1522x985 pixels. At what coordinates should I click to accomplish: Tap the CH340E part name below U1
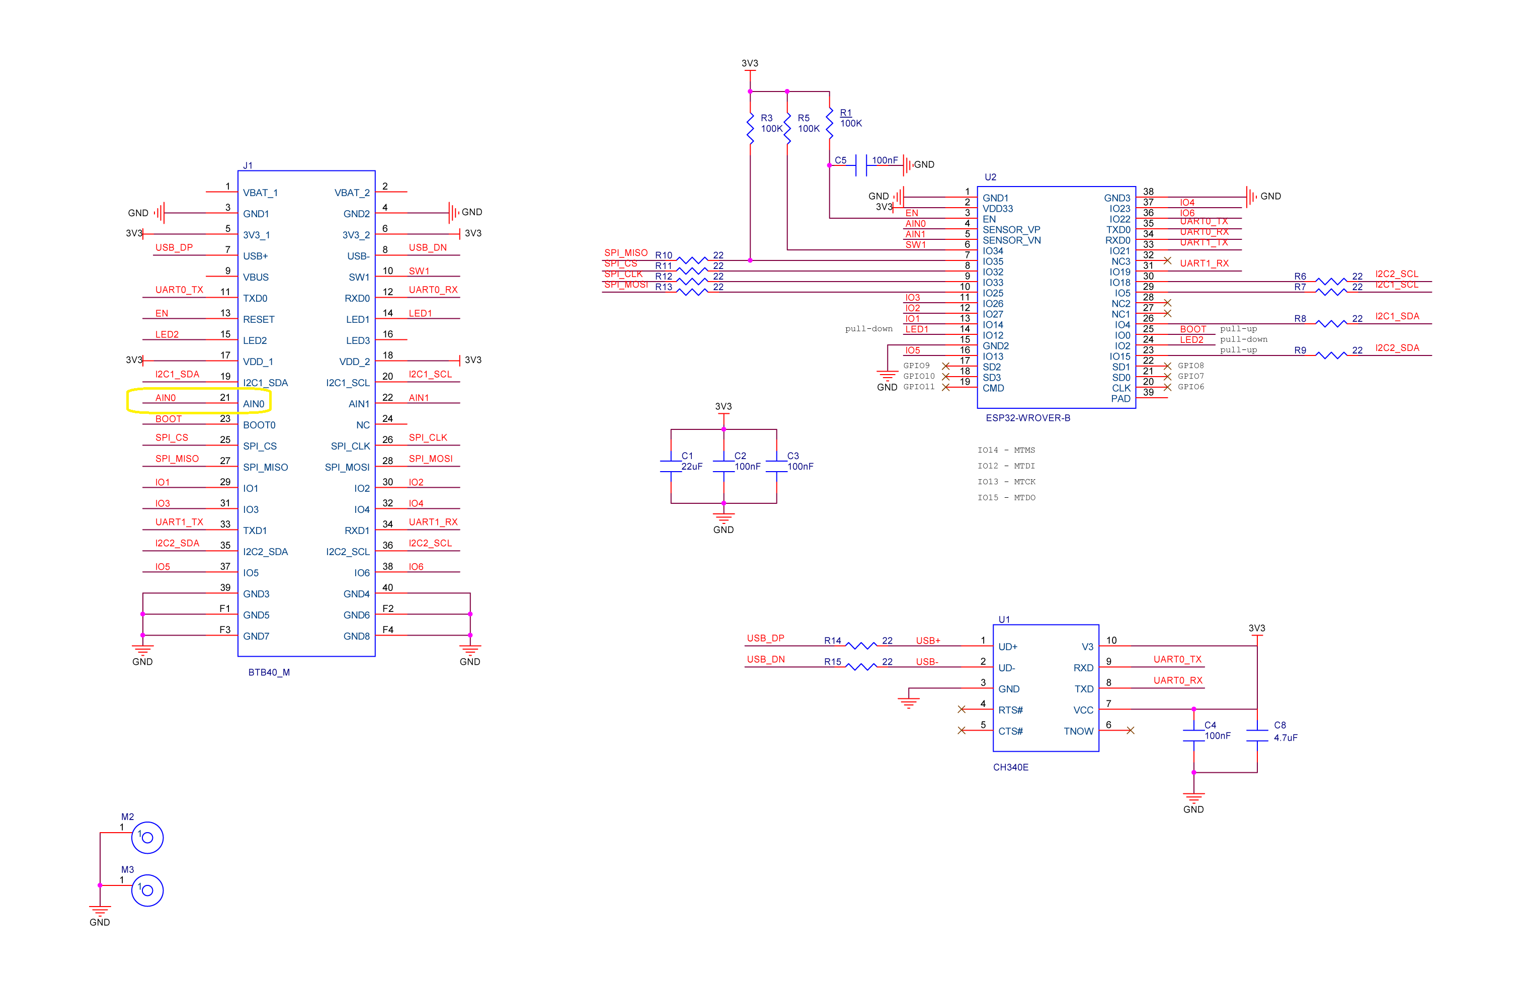[x=1010, y=767]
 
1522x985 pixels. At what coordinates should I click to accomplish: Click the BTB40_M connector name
[x=269, y=672]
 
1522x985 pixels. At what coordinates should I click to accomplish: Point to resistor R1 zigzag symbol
[x=829, y=123]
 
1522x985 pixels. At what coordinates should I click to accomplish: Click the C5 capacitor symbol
[x=861, y=165]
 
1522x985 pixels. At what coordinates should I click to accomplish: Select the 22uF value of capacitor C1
[x=691, y=467]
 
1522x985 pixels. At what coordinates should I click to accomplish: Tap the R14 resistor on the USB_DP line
[x=861, y=646]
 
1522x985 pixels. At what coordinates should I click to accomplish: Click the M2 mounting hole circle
[x=147, y=837]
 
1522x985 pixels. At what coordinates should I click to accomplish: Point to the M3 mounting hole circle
[x=147, y=890]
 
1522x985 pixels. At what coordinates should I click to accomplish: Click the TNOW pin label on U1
[x=1078, y=731]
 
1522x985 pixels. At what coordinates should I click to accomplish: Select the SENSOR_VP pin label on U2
[x=1011, y=229]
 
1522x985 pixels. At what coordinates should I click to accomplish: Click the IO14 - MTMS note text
[x=1005, y=450]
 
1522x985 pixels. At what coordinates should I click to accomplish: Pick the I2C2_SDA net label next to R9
[x=1397, y=348]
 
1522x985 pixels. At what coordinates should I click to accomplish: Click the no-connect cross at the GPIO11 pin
[x=945, y=387]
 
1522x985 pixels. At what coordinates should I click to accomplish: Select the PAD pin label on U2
[x=1120, y=399]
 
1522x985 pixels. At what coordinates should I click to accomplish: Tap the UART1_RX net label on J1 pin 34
[x=433, y=522]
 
